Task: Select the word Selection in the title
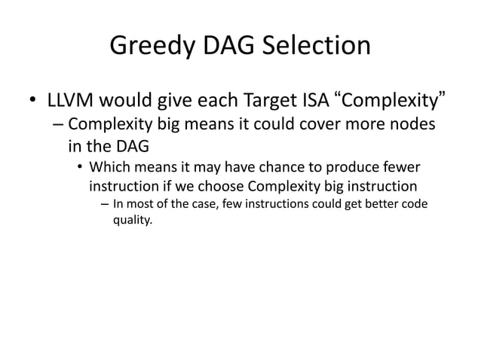(x=316, y=47)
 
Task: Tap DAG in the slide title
(x=228, y=47)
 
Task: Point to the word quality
(x=131, y=221)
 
